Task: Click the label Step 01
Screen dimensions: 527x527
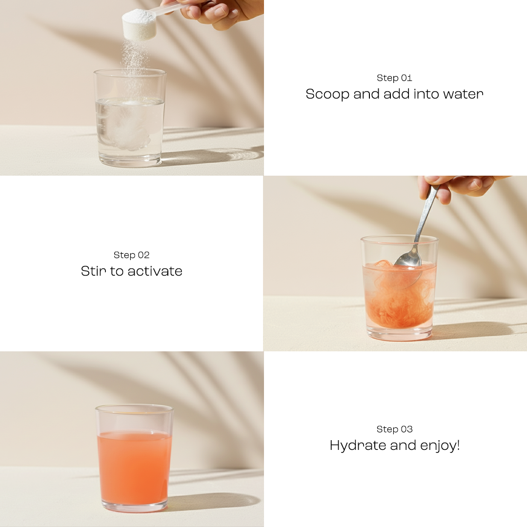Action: (x=394, y=78)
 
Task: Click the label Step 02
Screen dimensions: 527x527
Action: (x=131, y=255)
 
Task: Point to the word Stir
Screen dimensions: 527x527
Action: (x=94, y=271)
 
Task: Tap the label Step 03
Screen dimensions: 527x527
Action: (x=394, y=429)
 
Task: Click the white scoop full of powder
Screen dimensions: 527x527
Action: (x=139, y=24)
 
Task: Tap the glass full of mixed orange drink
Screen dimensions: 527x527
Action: (x=134, y=468)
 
